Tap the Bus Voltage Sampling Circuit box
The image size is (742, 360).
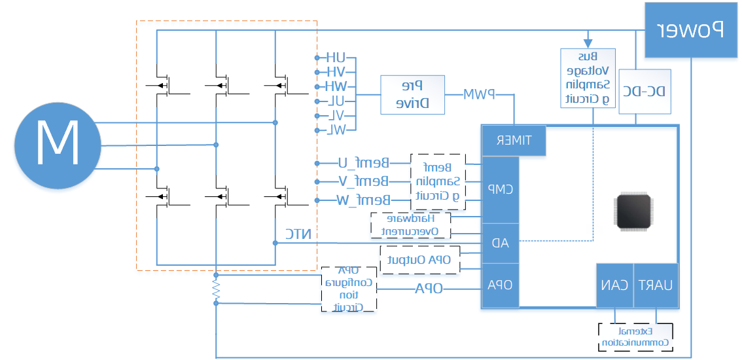pos(588,78)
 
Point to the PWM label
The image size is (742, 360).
pos(479,95)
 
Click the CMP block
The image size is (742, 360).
pos(500,189)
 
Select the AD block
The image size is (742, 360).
pos(500,242)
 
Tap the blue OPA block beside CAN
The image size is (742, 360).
pos(500,285)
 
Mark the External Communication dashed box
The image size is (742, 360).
pos(635,337)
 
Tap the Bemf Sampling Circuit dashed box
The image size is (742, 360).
pos(437,181)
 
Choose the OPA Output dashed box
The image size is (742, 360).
pos(420,260)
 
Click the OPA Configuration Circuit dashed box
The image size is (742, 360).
pos(349,289)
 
